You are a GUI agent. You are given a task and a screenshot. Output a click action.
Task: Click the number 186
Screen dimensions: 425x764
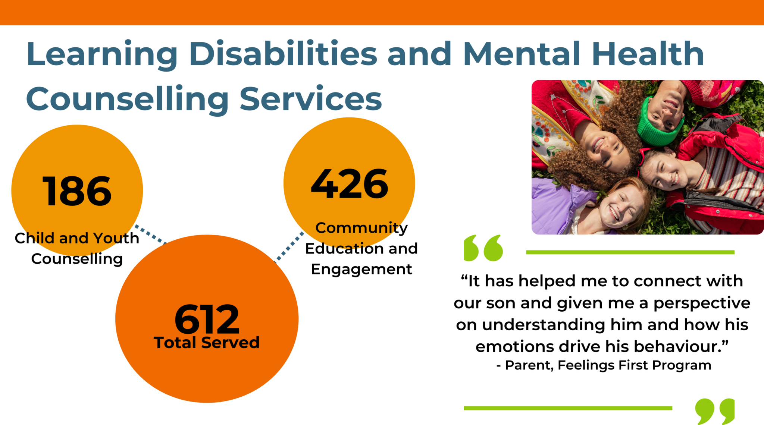[x=77, y=191]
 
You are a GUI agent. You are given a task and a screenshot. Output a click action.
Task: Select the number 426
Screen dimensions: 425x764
[x=350, y=184]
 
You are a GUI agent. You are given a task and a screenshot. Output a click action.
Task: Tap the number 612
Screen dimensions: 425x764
[x=207, y=319]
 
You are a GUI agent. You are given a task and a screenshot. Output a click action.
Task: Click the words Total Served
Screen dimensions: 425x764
[x=207, y=343]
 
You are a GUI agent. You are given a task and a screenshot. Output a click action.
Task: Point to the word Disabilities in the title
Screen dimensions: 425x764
[x=283, y=54]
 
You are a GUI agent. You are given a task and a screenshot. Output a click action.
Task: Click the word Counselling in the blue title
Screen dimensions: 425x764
[x=127, y=99]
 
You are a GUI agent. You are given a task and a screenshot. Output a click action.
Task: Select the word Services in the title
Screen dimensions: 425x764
[x=311, y=99]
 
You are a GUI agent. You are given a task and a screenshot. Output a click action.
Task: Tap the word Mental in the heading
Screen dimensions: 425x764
[x=522, y=54]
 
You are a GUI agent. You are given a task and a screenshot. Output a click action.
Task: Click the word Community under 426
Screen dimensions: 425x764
[x=361, y=228]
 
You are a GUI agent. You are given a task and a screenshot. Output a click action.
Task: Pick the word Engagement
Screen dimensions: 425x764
[x=361, y=269]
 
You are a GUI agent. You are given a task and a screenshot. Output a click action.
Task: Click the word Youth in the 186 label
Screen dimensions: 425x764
[x=116, y=238]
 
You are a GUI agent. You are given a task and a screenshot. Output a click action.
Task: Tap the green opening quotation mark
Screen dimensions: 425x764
[x=483, y=248]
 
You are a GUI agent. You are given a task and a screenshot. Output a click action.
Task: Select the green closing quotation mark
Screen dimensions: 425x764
[x=715, y=411]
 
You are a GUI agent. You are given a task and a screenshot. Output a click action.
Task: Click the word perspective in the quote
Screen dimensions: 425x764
[x=701, y=303]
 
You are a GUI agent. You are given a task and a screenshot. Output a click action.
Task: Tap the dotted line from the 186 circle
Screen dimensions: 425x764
[x=150, y=234]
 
